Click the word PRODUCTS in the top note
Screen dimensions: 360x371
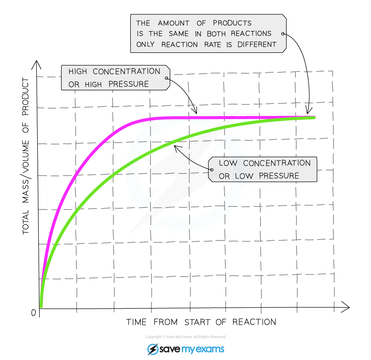(232, 23)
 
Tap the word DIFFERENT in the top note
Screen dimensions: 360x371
(257, 45)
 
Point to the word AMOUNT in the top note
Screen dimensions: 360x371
(173, 23)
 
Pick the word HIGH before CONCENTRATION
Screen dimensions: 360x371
(78, 72)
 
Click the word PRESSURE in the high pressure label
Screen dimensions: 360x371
(129, 84)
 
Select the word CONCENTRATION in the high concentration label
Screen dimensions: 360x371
(126, 72)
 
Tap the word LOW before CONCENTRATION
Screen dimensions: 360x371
(228, 163)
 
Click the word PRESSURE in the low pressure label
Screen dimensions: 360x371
(279, 176)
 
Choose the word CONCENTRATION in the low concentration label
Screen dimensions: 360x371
(277, 163)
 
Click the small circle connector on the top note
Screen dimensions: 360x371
(283, 34)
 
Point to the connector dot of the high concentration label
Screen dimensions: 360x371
(166, 78)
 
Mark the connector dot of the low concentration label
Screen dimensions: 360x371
(212, 169)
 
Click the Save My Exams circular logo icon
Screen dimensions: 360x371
(153, 349)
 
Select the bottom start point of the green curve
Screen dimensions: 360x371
(41, 306)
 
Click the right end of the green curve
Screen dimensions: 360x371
(314, 118)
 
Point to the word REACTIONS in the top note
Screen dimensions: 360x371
(251, 34)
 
